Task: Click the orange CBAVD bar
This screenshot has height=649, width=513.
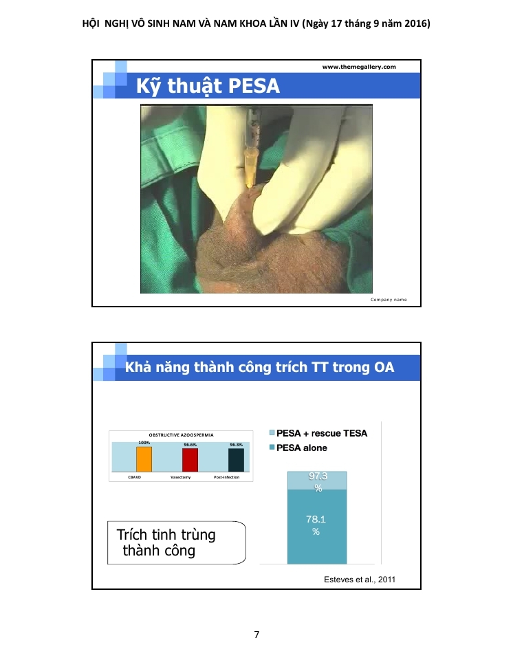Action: pos(144,459)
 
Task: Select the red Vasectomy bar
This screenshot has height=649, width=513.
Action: pos(190,460)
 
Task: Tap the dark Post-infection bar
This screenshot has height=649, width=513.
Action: pos(236,460)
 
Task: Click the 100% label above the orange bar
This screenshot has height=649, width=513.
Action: pos(144,443)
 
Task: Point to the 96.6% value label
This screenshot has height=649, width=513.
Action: pos(190,445)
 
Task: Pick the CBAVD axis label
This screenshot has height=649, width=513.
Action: pos(135,477)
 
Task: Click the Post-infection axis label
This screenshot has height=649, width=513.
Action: pos(226,477)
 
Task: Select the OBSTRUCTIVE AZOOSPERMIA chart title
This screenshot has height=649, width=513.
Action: pos(182,435)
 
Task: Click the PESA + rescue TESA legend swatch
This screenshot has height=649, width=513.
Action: pos(272,433)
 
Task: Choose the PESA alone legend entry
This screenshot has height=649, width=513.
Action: pos(298,448)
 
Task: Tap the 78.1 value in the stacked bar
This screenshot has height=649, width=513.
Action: pos(316,520)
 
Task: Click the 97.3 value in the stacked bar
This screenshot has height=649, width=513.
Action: pos(318,476)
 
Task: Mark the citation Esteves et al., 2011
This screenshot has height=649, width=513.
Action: pos(360,580)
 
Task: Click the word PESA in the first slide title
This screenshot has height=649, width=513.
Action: pos(253,86)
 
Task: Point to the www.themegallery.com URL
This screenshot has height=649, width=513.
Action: pos(359,67)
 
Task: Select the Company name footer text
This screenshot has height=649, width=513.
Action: pos(389,300)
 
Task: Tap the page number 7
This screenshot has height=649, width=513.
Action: pos(256,635)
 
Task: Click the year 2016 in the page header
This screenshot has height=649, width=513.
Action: pos(416,23)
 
